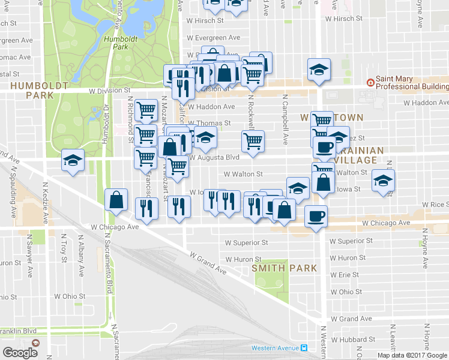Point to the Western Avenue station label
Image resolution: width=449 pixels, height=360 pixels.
275,348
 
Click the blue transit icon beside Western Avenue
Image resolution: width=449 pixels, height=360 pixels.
304,348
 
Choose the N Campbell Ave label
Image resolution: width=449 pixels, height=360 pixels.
285,121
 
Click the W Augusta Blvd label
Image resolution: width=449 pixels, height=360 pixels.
214,157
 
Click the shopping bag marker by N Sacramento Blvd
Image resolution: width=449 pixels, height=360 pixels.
116,200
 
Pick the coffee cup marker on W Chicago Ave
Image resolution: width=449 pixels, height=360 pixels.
316,216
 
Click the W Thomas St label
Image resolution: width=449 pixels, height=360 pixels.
209,123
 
